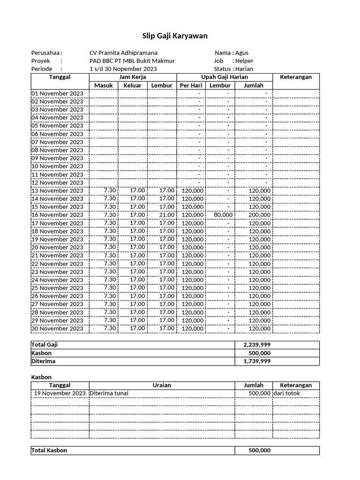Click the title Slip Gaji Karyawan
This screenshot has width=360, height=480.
(x=175, y=36)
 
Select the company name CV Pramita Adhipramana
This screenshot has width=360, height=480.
(x=123, y=53)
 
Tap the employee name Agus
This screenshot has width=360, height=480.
(x=242, y=53)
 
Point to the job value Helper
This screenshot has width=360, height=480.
(x=244, y=61)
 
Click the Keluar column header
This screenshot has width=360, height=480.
(x=132, y=85)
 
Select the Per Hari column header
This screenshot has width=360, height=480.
(x=191, y=85)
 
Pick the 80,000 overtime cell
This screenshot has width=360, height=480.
(x=223, y=215)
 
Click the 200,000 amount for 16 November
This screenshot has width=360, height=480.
(x=259, y=215)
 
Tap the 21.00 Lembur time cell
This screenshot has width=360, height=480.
(x=166, y=215)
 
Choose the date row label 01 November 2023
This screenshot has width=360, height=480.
(x=57, y=93)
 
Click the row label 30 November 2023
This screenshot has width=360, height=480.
(x=57, y=329)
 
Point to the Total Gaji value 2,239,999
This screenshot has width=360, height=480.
(x=257, y=345)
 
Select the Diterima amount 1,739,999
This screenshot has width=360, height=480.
(x=257, y=361)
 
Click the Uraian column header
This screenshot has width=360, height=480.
(x=162, y=385)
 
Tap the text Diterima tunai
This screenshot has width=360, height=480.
(x=109, y=393)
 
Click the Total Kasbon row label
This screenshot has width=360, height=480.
(x=49, y=450)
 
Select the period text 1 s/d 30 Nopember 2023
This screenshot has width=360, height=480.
(x=123, y=69)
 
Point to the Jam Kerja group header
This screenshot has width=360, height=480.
(x=133, y=77)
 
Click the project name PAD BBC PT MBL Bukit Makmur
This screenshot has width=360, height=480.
(x=132, y=61)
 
